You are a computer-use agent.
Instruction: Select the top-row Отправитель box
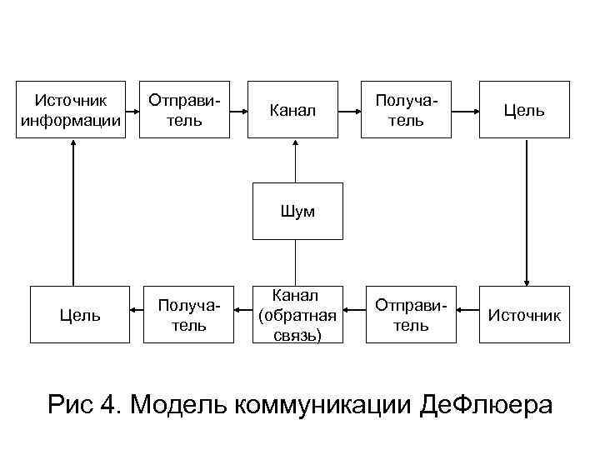(x=184, y=109)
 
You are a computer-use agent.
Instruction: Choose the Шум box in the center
(x=298, y=211)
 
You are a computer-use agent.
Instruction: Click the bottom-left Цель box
(x=79, y=315)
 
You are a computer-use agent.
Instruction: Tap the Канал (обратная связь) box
(x=298, y=315)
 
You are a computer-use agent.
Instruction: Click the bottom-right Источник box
(x=524, y=315)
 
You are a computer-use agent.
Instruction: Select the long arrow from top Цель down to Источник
(x=526, y=212)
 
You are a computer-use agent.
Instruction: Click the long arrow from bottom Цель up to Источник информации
(x=73, y=212)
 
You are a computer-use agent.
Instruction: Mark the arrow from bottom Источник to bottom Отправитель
(x=467, y=315)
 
